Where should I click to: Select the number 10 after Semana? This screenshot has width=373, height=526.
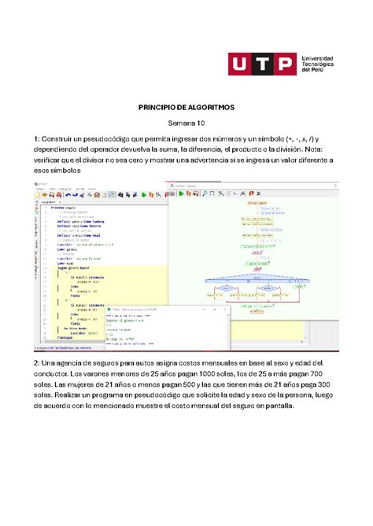pos(199,123)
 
